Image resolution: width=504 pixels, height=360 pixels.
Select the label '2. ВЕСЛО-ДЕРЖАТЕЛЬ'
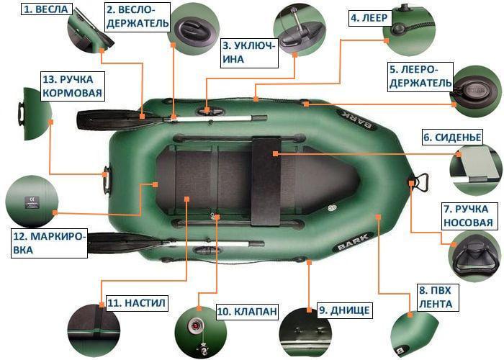coord(138,16)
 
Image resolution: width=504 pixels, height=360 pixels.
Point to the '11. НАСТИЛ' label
coord(136,303)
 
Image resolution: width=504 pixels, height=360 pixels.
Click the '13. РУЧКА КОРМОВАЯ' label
coord(72,86)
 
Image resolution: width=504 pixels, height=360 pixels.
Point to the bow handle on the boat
coord(417,181)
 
